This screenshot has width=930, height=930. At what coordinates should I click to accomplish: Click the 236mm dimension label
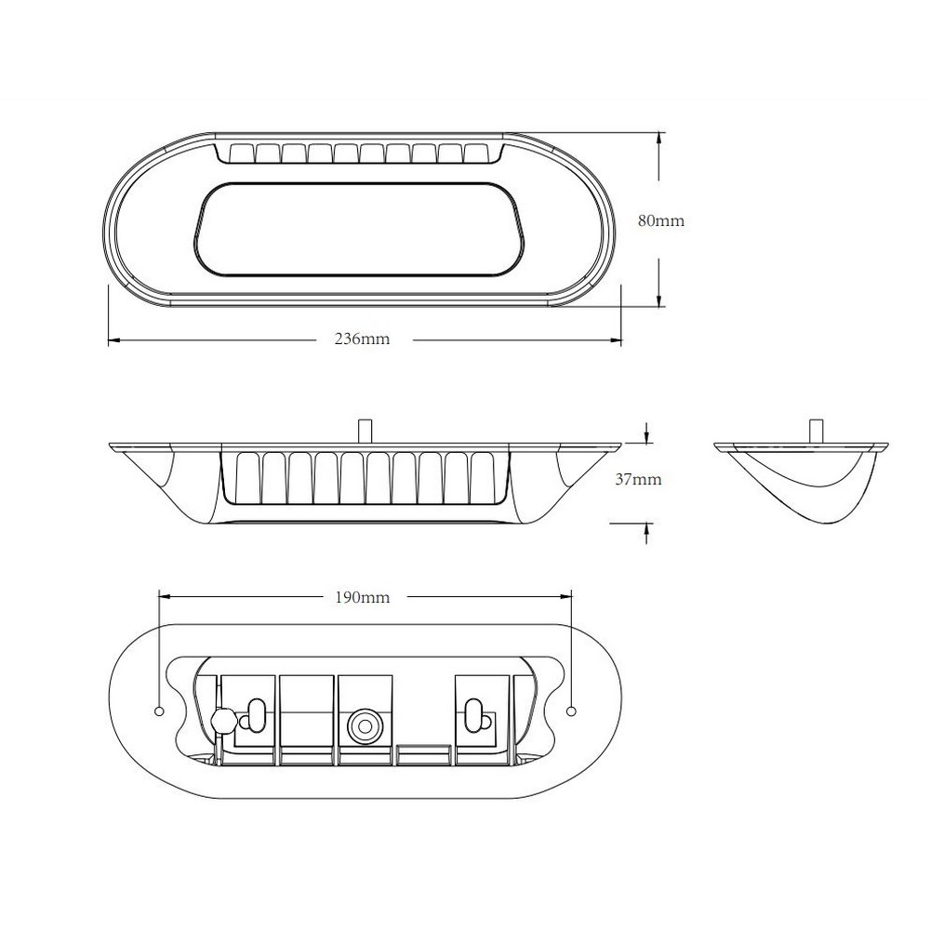(362, 339)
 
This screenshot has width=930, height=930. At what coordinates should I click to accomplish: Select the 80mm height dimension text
(660, 220)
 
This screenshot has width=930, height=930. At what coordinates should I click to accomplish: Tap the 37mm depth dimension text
(638, 479)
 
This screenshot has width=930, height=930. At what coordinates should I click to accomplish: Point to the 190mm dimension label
(363, 597)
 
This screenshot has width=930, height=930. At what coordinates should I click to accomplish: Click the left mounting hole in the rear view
(158, 711)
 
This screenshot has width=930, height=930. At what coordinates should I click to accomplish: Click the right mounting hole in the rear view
(571, 711)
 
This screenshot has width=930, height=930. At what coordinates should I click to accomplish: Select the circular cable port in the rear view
(365, 726)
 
